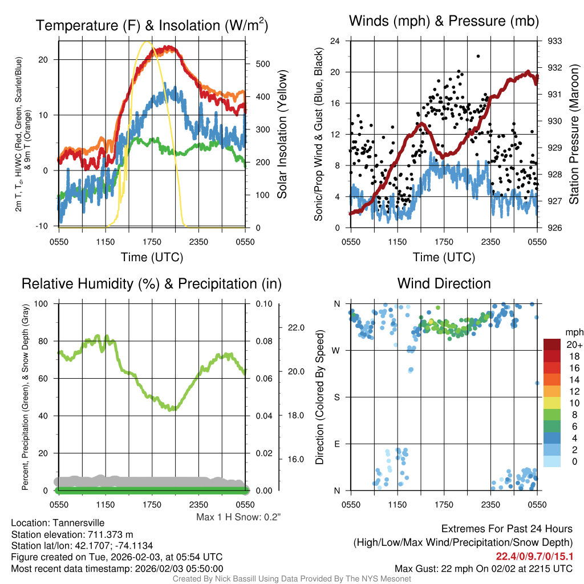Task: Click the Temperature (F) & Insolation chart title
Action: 152,25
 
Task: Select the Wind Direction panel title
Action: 444,283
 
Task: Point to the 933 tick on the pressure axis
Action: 555,41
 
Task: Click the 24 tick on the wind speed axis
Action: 335,41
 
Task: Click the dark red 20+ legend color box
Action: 553,344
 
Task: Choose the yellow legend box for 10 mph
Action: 553,403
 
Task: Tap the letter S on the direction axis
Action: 338,397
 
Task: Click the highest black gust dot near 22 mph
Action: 478,56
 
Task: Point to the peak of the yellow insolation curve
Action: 147,42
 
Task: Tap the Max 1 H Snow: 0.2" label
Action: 238,517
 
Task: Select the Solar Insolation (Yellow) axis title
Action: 282,135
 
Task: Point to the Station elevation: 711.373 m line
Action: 72,534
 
